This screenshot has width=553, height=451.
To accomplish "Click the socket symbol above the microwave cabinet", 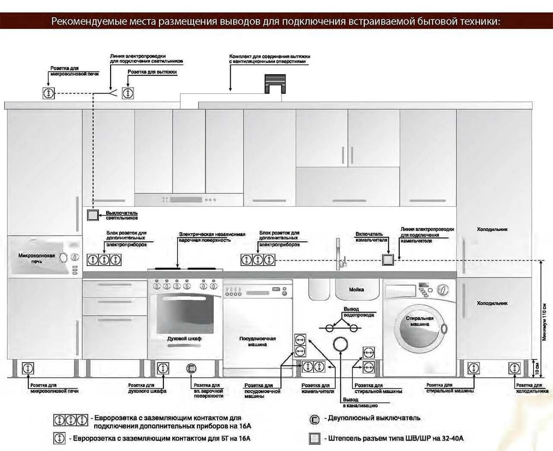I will pos(49,93).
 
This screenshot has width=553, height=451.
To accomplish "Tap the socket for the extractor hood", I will pos(127,93).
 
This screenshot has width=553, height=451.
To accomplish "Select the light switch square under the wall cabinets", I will pos(93,215).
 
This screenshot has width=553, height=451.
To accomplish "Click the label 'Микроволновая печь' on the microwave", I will pos(37,258).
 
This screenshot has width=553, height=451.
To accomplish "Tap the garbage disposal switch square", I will pos(388,259).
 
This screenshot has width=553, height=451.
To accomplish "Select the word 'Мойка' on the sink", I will pos(356,290).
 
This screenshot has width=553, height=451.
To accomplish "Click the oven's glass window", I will pos(185,312).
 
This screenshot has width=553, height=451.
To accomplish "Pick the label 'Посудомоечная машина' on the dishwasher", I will pos(257,341).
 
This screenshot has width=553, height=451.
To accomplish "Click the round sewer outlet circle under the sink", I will pos(341,344).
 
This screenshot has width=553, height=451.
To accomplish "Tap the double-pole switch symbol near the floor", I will pos(191,369).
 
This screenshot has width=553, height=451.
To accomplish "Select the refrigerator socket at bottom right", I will pos(514,369).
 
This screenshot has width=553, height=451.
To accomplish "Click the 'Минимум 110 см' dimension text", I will pos(544,322).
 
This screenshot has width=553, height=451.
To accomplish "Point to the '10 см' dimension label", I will pos(537,368).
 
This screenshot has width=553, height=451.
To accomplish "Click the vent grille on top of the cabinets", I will pos(275,83).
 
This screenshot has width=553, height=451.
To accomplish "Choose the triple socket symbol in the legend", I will pos(70,420).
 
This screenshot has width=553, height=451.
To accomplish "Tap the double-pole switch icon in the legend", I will pos(315,419).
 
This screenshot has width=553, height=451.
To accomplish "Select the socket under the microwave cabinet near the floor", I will pos(28,369).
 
